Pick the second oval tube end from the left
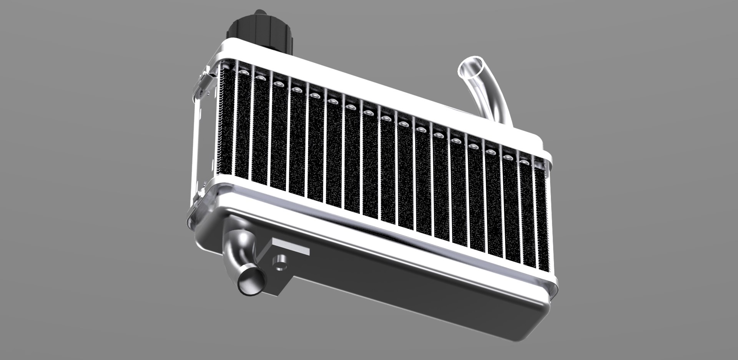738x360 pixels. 261,77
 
